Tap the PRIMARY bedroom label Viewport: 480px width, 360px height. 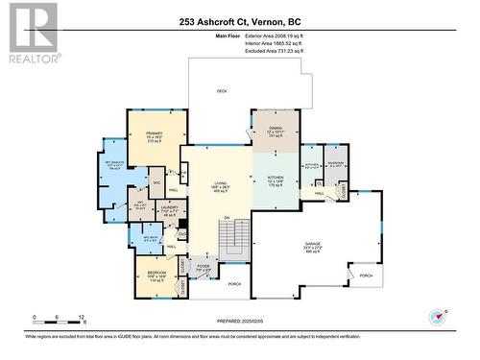[155, 133]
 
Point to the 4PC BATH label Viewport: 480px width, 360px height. [149, 237]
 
